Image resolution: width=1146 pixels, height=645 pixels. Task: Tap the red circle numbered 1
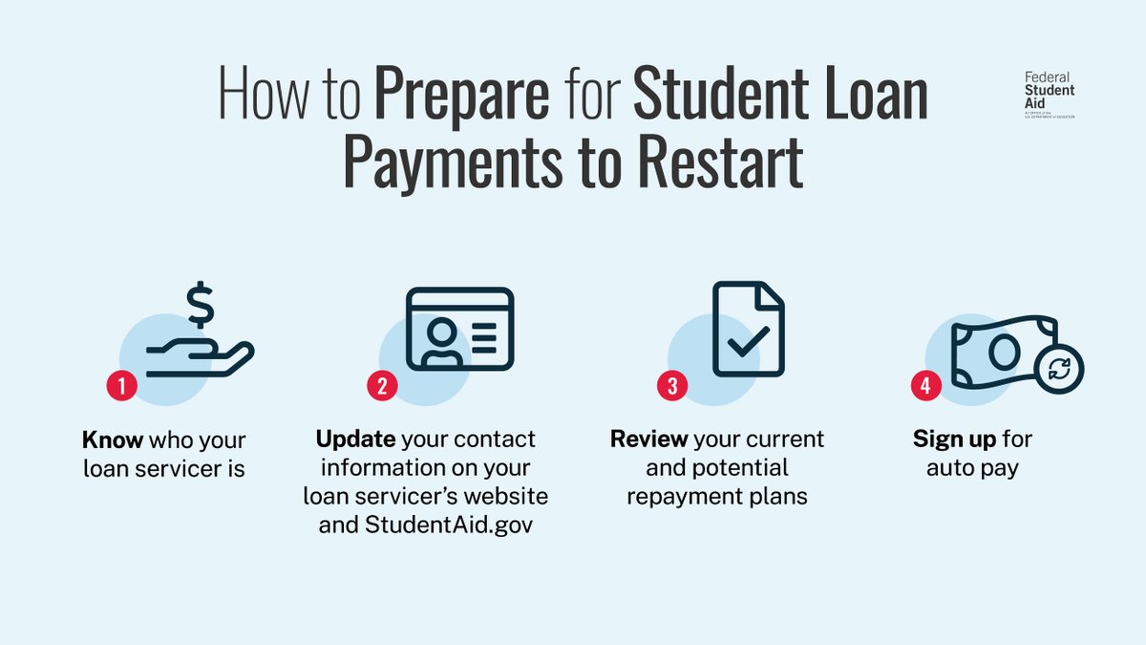pos(121,387)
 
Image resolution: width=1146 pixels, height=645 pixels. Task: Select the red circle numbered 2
pos(382,387)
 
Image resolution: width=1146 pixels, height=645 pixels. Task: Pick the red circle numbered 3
pos(672,387)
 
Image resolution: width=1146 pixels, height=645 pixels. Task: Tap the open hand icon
pos(201,357)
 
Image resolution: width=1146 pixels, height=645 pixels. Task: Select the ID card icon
pos(459,329)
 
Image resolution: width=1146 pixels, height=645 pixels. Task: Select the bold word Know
pos(113,441)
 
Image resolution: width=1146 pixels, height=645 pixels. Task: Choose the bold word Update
pos(355,440)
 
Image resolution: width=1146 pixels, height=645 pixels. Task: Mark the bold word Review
pos(648,441)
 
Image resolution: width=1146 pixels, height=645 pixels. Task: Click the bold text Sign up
pos(955,441)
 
